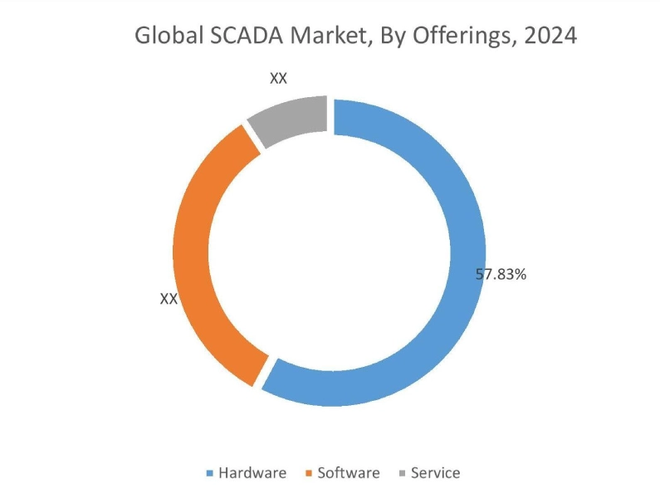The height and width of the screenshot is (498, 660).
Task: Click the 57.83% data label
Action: (501, 274)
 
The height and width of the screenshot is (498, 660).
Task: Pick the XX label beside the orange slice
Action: (169, 299)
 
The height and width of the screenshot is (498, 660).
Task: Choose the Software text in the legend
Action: (349, 473)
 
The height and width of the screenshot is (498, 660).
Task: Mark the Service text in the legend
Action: (435, 473)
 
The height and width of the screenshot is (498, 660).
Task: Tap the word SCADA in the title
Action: (231, 37)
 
